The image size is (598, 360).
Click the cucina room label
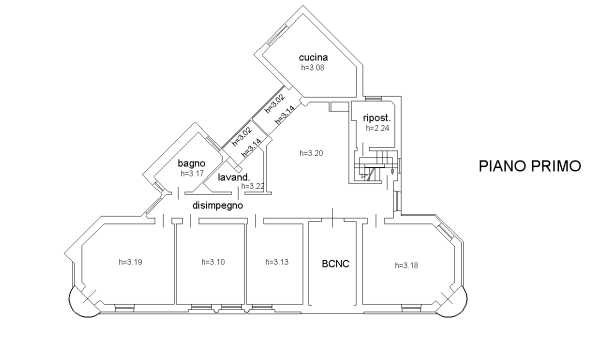click(313, 58)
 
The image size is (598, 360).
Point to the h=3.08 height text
click(313, 68)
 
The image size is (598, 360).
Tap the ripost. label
click(376, 117)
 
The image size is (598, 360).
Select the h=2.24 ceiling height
click(376, 128)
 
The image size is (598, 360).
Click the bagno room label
click(191, 163)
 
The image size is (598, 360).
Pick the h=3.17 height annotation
click(191, 173)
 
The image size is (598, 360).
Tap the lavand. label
click(233, 177)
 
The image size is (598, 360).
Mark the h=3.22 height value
click(253, 186)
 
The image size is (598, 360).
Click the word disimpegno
click(218, 204)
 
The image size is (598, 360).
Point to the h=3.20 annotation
click(312, 153)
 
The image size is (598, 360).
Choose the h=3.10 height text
click(212, 262)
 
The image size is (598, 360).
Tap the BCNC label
click(334, 264)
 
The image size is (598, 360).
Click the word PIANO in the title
click(502, 167)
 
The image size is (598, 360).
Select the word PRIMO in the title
click(557, 167)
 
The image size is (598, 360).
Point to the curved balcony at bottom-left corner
click(80, 304)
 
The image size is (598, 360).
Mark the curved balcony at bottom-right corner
click(459, 304)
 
